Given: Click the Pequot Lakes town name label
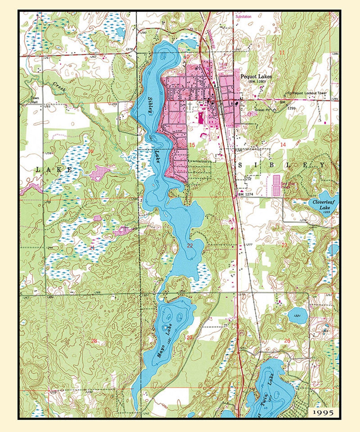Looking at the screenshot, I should tap(256, 76).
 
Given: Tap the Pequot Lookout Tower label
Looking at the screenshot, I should tap(309, 93).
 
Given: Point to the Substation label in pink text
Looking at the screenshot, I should tap(243, 16).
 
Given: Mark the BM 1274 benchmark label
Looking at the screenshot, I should tap(246, 194).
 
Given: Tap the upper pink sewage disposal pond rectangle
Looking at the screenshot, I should tap(276, 180).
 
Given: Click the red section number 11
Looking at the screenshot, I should tap(282, 52).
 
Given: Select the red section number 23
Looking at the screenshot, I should tap(284, 245).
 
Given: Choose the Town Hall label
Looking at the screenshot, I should tap(35, 100).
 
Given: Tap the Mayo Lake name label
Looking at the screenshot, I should tap(165, 341).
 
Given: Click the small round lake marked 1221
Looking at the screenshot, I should tap(297, 315).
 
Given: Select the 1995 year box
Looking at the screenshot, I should tap(323, 413).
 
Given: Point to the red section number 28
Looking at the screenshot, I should tap(94, 341).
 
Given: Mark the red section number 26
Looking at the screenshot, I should tap(287, 341).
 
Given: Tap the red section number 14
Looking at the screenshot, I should tap(283, 145).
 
